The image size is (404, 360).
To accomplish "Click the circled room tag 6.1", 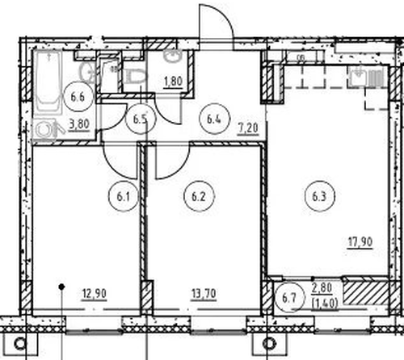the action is [124, 196].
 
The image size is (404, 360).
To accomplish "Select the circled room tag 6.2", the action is [199, 196].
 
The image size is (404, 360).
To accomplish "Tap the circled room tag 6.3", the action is [320, 196].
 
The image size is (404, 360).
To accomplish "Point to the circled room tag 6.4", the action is [214, 119].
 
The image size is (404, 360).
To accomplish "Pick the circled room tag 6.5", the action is [141, 119].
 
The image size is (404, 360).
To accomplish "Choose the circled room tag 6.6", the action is [78, 96].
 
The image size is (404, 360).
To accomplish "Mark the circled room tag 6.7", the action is [289, 297].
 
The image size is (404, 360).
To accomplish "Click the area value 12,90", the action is [95, 294].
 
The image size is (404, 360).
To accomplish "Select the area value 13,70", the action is [204, 294].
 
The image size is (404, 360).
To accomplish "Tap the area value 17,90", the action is [360, 242].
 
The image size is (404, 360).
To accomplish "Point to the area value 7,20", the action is [248, 128].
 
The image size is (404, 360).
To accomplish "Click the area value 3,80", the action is [79, 124].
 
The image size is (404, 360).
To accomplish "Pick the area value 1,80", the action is [174, 81].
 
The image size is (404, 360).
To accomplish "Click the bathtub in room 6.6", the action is [48, 82].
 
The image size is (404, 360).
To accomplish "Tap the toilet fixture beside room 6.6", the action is [136, 76].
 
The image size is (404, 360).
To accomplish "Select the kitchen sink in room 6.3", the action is [358, 76].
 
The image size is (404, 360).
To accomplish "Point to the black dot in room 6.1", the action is [62, 287].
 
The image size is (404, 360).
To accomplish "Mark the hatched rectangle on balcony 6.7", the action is [365, 293].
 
